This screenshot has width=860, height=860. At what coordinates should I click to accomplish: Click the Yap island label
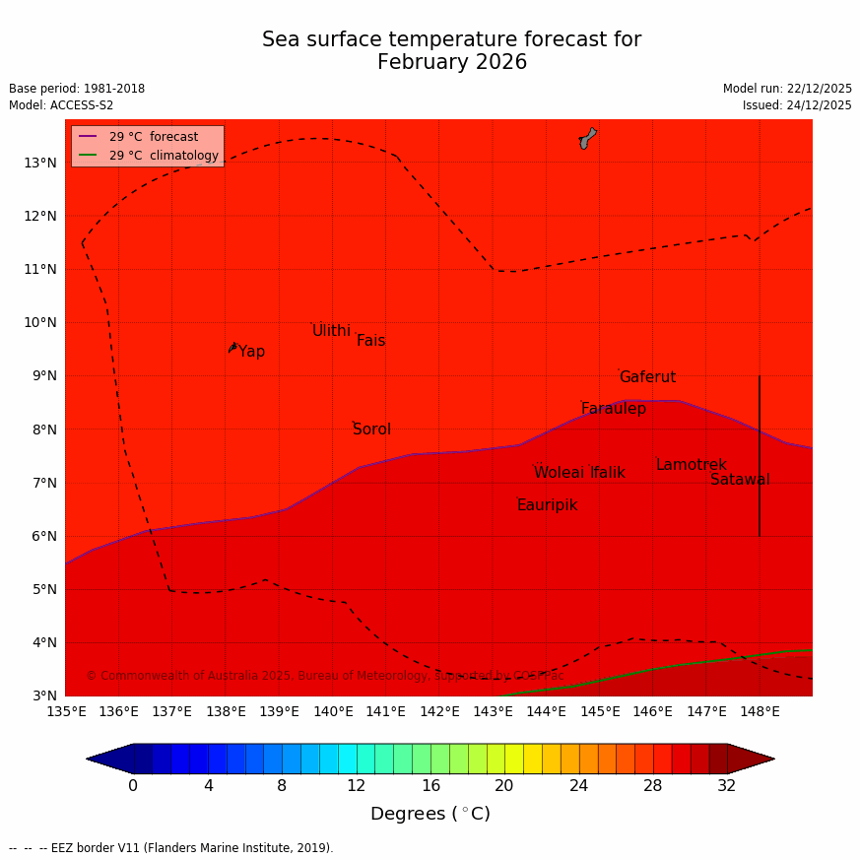[x=251, y=352]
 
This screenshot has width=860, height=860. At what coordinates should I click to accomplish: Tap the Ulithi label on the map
[x=331, y=331]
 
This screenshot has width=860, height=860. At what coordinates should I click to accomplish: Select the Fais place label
[x=370, y=341]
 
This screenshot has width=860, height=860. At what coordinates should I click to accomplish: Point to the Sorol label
[x=371, y=430]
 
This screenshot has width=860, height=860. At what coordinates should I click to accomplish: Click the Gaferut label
[x=647, y=377]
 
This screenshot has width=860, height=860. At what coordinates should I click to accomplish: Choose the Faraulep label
[x=613, y=409]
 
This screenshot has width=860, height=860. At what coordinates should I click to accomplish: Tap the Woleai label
[x=559, y=473]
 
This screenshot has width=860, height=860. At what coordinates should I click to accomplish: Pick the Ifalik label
[x=607, y=473]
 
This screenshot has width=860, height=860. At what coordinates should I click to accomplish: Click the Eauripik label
[x=547, y=505]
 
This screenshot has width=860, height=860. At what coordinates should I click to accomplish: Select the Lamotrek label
[x=691, y=465]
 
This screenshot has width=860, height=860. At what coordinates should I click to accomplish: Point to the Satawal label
[x=740, y=480]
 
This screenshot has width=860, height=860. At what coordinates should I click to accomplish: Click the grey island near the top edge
[x=587, y=138]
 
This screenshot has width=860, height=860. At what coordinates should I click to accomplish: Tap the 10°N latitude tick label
[x=39, y=322]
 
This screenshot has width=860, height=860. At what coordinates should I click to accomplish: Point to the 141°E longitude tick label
[x=385, y=711]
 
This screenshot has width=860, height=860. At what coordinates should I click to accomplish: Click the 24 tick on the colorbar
[x=578, y=785]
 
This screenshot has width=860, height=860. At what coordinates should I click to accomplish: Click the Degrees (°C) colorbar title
[x=430, y=814]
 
